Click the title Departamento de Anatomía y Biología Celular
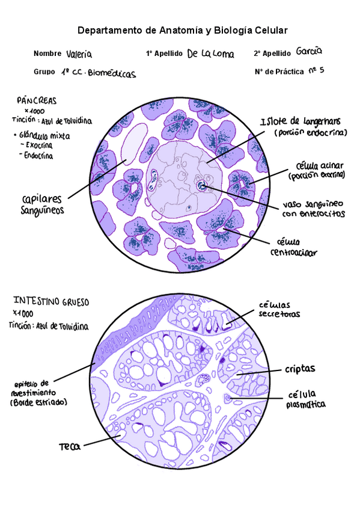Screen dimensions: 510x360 click(183, 30)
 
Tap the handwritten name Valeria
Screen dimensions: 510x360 click(79, 54)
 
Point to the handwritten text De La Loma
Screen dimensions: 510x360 click(210, 54)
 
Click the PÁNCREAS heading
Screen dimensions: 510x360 click(37, 100)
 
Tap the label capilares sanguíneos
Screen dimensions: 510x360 click(43, 204)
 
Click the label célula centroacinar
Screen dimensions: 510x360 click(293, 247)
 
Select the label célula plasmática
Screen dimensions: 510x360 click(306, 399)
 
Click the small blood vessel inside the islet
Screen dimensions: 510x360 click(201, 186)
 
